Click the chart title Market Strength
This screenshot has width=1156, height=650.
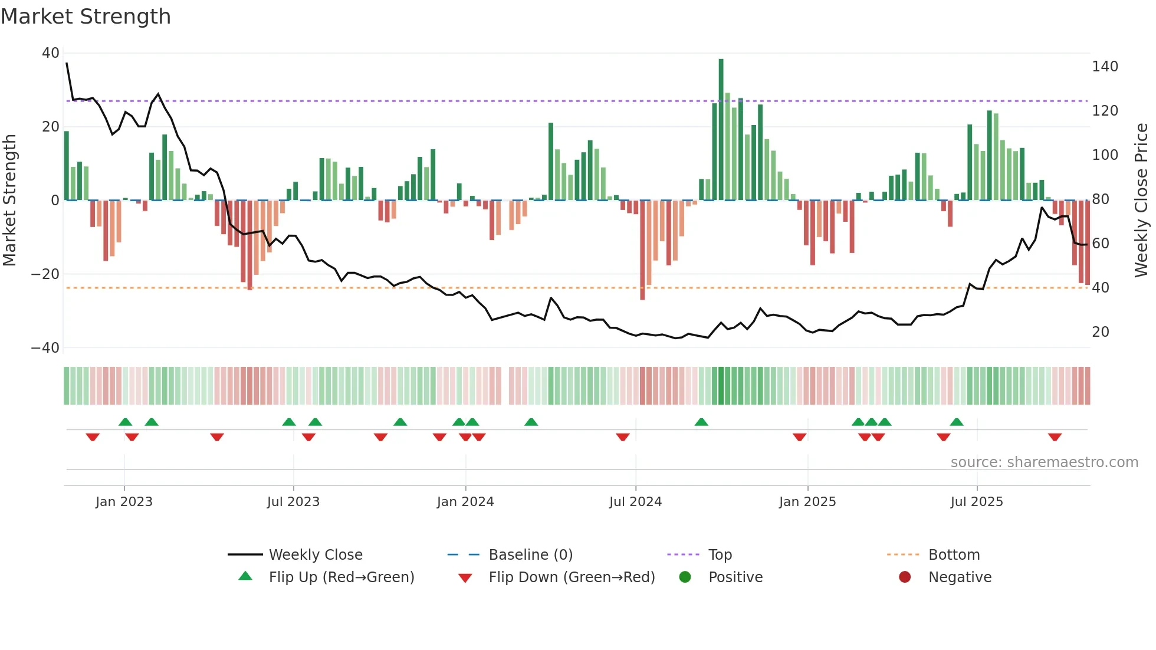(x=86, y=17)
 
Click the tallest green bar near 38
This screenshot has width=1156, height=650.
(x=721, y=130)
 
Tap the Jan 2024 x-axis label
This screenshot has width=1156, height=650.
(x=465, y=502)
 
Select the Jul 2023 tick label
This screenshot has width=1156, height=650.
(x=293, y=502)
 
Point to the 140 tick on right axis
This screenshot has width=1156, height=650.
(x=1104, y=67)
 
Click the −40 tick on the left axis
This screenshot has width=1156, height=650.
(x=45, y=348)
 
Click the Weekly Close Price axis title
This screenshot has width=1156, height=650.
(x=1141, y=201)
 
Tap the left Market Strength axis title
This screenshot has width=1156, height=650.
(x=10, y=201)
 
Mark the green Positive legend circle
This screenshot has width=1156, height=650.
(x=685, y=577)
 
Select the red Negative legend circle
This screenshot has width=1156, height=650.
(x=905, y=577)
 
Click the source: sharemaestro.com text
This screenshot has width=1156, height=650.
(x=1044, y=462)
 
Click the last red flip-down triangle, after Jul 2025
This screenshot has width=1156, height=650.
(x=1055, y=437)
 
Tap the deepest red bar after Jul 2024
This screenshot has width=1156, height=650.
(x=642, y=251)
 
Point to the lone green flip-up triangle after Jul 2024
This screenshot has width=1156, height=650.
(x=701, y=422)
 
